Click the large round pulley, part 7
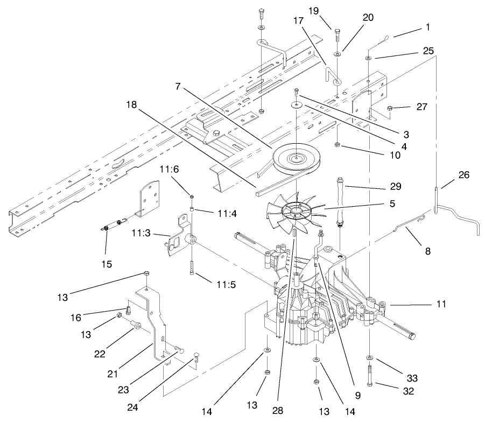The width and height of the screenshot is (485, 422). [x=296, y=158]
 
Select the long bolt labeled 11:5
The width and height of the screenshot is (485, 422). [x=192, y=267]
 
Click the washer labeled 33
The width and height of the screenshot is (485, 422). [x=371, y=358]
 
